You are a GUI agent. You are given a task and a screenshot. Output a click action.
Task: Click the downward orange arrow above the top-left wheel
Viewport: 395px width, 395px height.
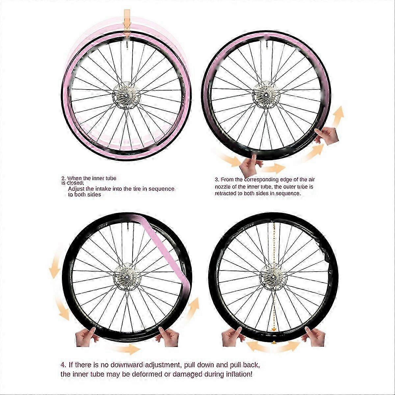click(x=127, y=24)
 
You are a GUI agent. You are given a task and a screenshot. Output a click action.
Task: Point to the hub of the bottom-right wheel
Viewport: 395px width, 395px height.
click(x=274, y=277)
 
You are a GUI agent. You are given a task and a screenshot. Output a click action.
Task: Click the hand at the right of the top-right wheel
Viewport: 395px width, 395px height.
click(x=327, y=136)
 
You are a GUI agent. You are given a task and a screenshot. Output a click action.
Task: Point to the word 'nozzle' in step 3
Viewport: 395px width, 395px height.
click(x=223, y=187)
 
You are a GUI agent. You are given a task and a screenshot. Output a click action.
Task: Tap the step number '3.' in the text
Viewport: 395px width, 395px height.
click(x=217, y=180)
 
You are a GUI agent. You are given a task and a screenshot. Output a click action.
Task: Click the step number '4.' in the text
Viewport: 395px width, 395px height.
click(x=64, y=365)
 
